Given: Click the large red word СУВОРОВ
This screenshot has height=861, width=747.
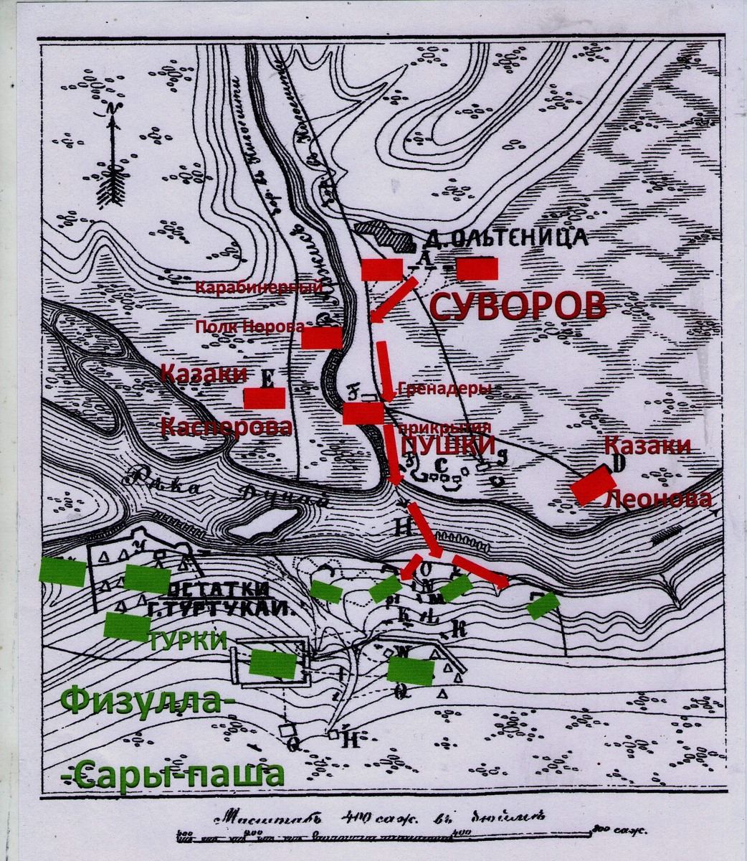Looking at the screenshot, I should [518, 307].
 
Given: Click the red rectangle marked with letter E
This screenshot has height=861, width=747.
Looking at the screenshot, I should [264, 398].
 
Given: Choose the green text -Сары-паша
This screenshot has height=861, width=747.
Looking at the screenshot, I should [172, 775].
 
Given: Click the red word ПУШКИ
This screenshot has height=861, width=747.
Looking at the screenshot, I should [448, 446].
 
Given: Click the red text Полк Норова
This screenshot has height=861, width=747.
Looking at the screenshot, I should [249, 326].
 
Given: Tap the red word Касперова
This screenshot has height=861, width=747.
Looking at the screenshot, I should [226, 427].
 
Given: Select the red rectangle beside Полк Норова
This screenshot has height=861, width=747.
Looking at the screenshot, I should [321, 338].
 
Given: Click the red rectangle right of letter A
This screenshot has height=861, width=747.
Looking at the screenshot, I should [477, 269].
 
